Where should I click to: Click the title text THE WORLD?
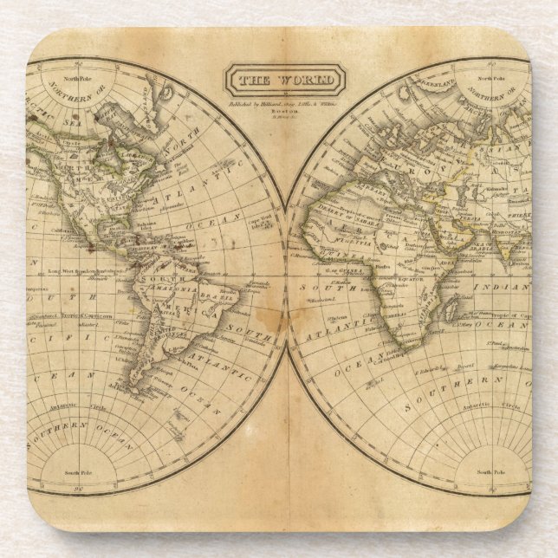point(285,81)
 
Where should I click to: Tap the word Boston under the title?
point(285,111)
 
